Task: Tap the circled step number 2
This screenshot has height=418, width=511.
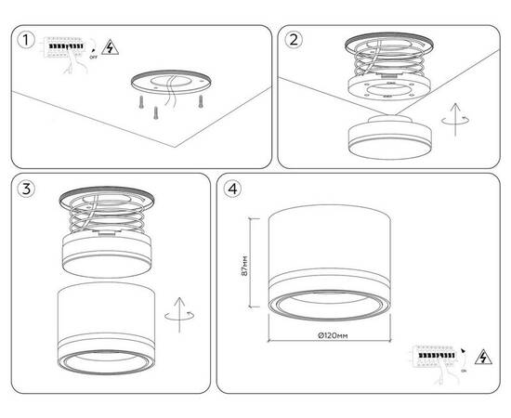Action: click(x=295, y=40)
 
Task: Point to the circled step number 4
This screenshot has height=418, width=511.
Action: click(x=233, y=189)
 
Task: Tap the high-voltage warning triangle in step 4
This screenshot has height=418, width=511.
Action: click(x=482, y=356)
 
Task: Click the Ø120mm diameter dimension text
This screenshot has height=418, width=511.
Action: click(x=332, y=334)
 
